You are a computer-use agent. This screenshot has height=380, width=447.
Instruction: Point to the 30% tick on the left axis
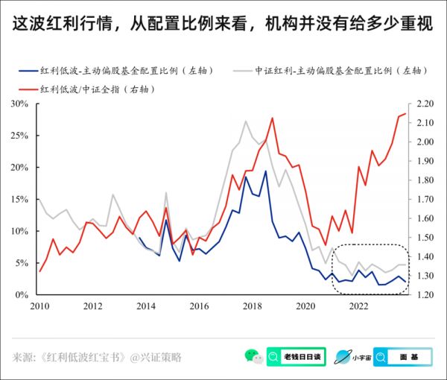(17, 104)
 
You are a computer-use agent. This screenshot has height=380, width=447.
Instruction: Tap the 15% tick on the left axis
(17, 199)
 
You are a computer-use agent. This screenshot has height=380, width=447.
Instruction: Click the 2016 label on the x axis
(198, 306)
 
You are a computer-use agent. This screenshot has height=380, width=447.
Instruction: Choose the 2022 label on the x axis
(358, 306)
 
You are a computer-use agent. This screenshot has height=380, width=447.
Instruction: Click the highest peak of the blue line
(265, 171)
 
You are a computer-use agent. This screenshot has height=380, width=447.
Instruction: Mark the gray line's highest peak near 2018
(246, 121)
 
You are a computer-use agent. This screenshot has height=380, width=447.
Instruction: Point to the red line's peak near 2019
(272, 118)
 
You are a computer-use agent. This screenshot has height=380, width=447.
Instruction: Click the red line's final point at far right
(405, 114)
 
